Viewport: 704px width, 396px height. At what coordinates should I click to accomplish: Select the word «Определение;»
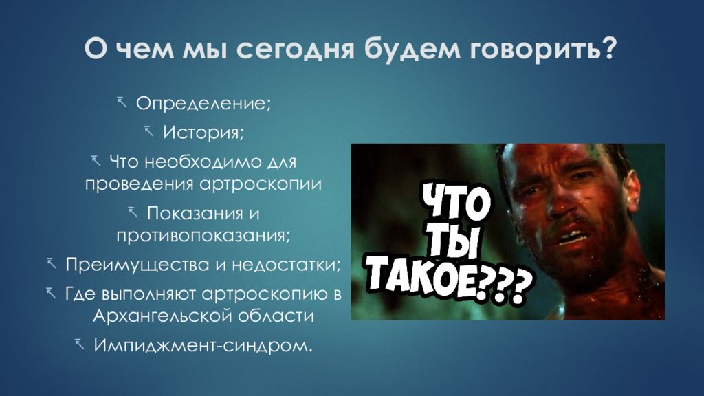tap(203, 104)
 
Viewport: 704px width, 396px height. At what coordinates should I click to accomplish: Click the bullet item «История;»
tap(203, 133)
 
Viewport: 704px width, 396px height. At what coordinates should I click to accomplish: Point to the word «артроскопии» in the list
tap(260, 184)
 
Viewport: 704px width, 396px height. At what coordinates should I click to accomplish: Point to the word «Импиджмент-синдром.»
tap(203, 345)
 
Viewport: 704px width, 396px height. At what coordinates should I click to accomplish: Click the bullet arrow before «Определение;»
tap(122, 102)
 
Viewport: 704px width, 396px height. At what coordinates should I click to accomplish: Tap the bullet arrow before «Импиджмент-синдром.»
tap(80, 344)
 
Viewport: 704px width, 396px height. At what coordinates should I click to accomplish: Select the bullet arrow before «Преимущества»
tap(52, 263)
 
